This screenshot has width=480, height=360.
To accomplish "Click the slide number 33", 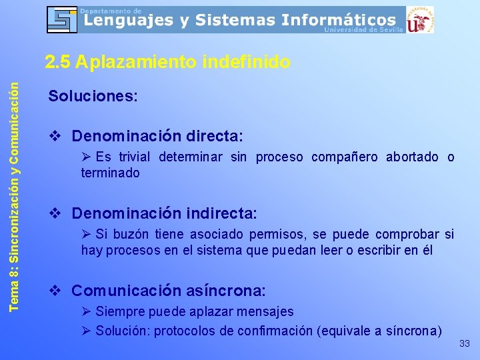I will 465,344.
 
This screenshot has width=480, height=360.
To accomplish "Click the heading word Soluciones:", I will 93,96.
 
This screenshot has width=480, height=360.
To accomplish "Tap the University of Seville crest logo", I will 420,19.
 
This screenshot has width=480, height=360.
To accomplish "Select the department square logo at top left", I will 62,19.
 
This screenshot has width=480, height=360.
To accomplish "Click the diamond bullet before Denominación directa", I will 55,136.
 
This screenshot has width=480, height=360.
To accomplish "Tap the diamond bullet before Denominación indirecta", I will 55,214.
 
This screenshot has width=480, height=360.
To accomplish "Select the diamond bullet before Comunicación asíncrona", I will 55,291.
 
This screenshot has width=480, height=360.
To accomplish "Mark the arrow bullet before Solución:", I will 86,331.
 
